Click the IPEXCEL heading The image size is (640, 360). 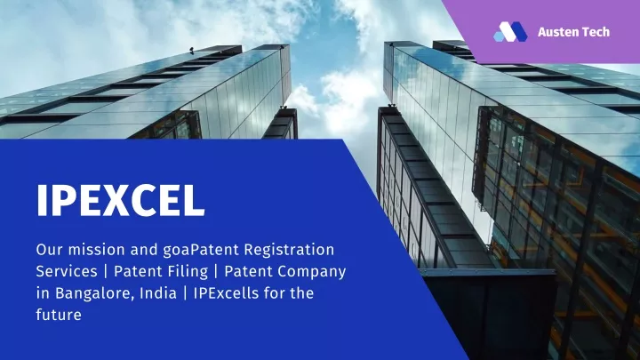coord(120,200)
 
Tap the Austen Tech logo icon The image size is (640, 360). coord(510,32)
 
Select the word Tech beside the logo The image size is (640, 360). coord(596,32)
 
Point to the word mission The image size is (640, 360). coord(97,250)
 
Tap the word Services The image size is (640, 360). coord(67,271)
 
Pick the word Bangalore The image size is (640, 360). coord(94,293)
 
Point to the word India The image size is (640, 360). coord(158,293)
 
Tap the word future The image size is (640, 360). coord(59,315)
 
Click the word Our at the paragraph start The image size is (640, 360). coord(50,250)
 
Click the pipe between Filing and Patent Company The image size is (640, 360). coord(216,272)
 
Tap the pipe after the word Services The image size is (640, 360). coord(106,272)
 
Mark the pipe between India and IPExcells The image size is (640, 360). coord(185,293)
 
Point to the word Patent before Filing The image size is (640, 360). coord(140,271)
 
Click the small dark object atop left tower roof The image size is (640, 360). coord(191,50)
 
